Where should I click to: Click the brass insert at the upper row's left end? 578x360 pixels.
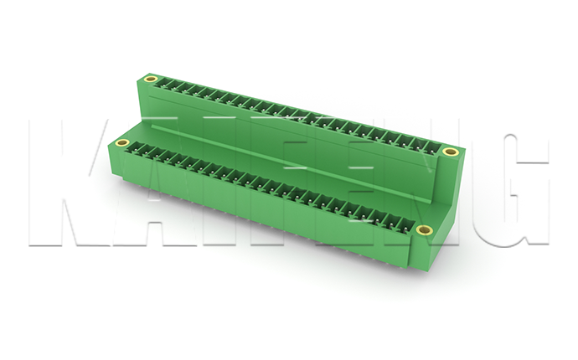point(151,80)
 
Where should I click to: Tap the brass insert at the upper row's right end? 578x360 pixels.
point(450,151)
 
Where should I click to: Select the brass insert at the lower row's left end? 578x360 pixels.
point(122,143)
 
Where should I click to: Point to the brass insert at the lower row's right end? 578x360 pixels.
point(424,230)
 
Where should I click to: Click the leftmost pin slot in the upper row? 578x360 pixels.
point(162,83)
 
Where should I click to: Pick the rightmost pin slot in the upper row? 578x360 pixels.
point(433,148)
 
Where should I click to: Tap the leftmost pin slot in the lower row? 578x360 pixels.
point(134,147)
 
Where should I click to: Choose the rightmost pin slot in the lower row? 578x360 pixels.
point(405,224)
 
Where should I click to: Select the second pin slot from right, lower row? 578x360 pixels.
point(393,221)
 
